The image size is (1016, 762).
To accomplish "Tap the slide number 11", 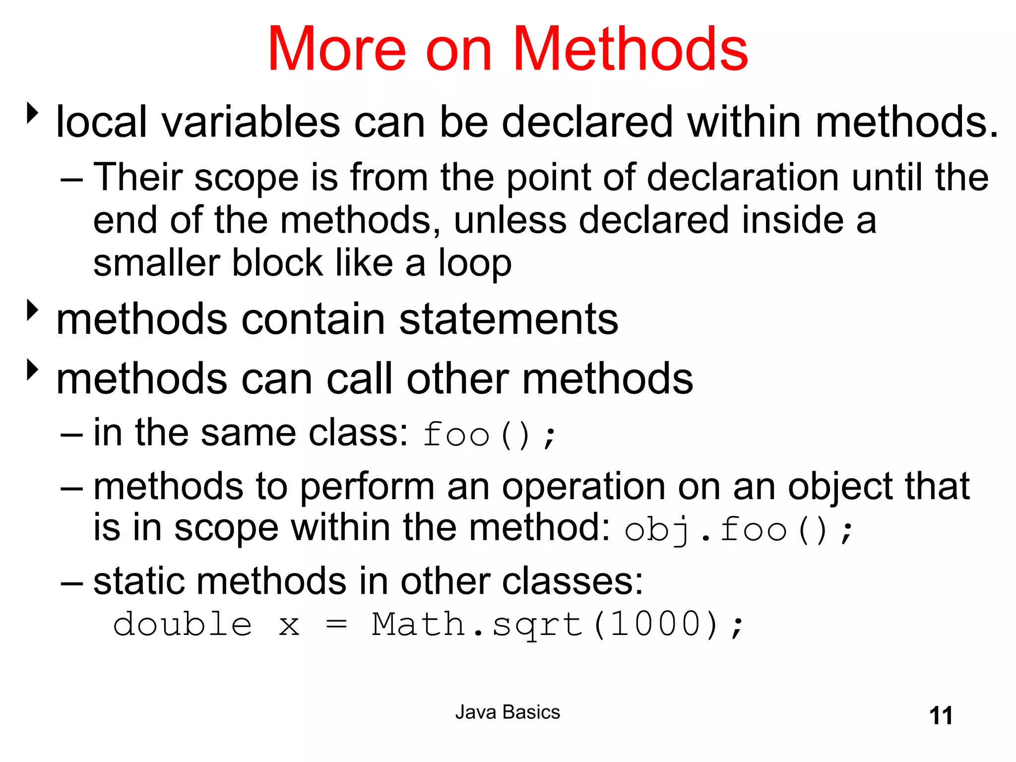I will click(941, 716).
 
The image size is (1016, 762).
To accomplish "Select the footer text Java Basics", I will click(508, 712).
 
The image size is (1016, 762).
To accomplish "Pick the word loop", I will click(475, 263).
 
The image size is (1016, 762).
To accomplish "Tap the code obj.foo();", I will click(738, 530).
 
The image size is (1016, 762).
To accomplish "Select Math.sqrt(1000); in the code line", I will click(558, 624).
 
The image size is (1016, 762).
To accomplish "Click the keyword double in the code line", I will click(183, 624).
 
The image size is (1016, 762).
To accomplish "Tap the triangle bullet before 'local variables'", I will click(33, 113).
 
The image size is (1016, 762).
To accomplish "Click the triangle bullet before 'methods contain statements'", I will click(33, 310).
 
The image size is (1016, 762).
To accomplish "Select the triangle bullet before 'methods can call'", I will click(33, 370).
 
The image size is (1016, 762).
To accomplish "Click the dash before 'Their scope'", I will click(71, 179).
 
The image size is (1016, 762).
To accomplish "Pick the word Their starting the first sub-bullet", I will click(138, 177).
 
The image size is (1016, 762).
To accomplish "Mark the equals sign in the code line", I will click(336, 625).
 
